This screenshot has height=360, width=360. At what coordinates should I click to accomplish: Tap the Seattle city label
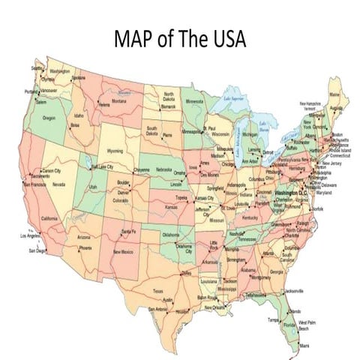tap(37, 67)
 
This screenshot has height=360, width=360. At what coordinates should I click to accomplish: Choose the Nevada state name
tap(58, 184)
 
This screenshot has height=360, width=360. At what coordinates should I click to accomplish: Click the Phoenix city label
tap(85, 247)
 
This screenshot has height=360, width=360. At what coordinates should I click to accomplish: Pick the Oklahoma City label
tap(184, 247)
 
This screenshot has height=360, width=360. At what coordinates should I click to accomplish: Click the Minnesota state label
tap(194, 101)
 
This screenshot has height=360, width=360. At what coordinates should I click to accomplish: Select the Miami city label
tap(304, 345)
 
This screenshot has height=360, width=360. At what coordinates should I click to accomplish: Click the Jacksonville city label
tap(293, 290)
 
